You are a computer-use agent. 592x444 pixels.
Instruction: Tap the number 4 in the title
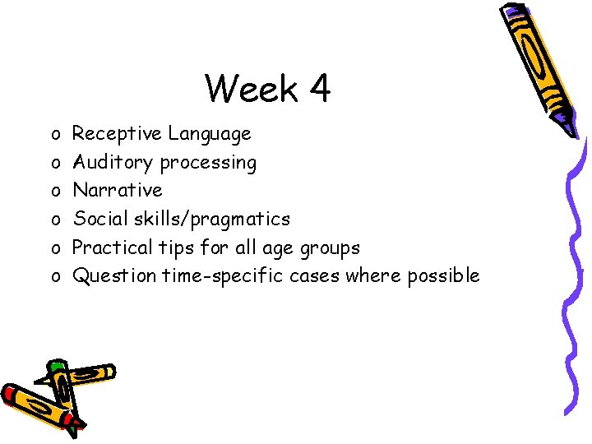pyautogui.click(x=318, y=89)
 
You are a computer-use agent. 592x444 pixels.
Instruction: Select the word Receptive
pyautogui.click(x=117, y=133)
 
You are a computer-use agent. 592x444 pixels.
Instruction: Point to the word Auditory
pyautogui.click(x=113, y=163)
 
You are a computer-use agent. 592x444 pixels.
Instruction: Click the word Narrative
pyautogui.click(x=118, y=190)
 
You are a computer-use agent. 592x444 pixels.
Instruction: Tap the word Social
pyautogui.click(x=98, y=219)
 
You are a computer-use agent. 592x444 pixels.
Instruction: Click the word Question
pyautogui.click(x=113, y=275)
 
